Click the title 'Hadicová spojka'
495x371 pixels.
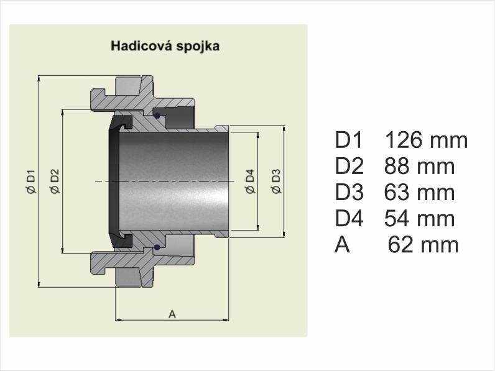[165, 46]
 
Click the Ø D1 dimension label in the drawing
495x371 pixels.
[32, 181]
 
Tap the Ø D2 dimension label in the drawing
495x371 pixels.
[54, 181]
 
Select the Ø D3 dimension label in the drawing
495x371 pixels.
[276, 181]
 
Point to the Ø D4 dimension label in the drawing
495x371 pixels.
[250, 181]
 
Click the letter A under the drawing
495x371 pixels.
[172, 314]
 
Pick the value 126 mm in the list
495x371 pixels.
[426, 140]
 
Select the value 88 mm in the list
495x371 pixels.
[419, 166]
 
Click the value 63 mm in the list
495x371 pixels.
[419, 192]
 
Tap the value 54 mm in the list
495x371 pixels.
[419, 218]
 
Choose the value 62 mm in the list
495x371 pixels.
[423, 244]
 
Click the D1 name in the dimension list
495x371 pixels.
[348, 140]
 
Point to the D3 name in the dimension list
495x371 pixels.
[349, 192]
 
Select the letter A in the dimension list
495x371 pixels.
[343, 244]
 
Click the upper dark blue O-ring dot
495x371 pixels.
[157, 116]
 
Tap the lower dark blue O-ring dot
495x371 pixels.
[157, 248]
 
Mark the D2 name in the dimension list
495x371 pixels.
[349, 166]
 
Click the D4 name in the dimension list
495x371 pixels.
[349, 218]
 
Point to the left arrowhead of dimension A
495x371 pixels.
[118, 320]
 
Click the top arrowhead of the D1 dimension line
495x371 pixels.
[39, 78]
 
